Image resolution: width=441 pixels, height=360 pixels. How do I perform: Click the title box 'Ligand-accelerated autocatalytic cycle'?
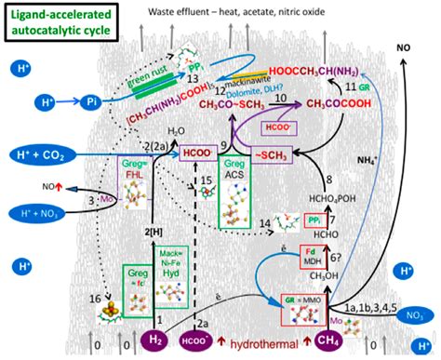point(57,23)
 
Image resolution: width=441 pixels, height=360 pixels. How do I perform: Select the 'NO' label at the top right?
point(403,47)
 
